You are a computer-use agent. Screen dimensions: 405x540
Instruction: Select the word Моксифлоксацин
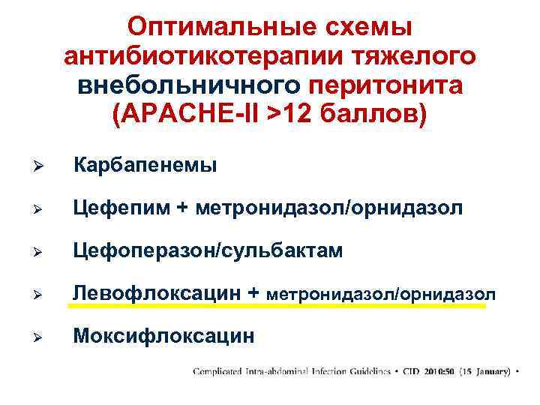163,337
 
